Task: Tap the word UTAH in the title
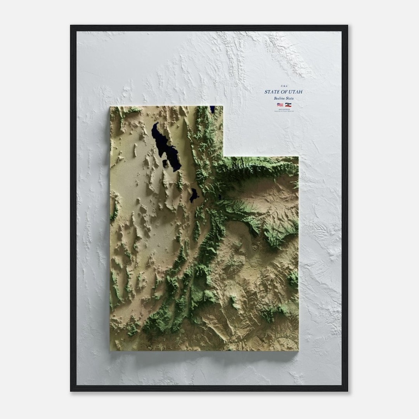point(295,92)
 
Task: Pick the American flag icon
point(280,105)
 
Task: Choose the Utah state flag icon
point(288,105)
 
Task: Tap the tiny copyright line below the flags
point(284,111)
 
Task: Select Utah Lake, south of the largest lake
point(193,195)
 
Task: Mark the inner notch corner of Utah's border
point(223,156)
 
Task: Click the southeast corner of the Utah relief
point(298,350)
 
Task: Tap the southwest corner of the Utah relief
point(111,350)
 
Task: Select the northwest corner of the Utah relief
point(111,107)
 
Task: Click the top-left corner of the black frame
point(71,26)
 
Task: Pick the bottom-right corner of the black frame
point(347,391)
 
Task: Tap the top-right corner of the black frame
point(347,26)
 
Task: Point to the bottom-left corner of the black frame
point(71,391)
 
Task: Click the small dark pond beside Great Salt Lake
point(165,163)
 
